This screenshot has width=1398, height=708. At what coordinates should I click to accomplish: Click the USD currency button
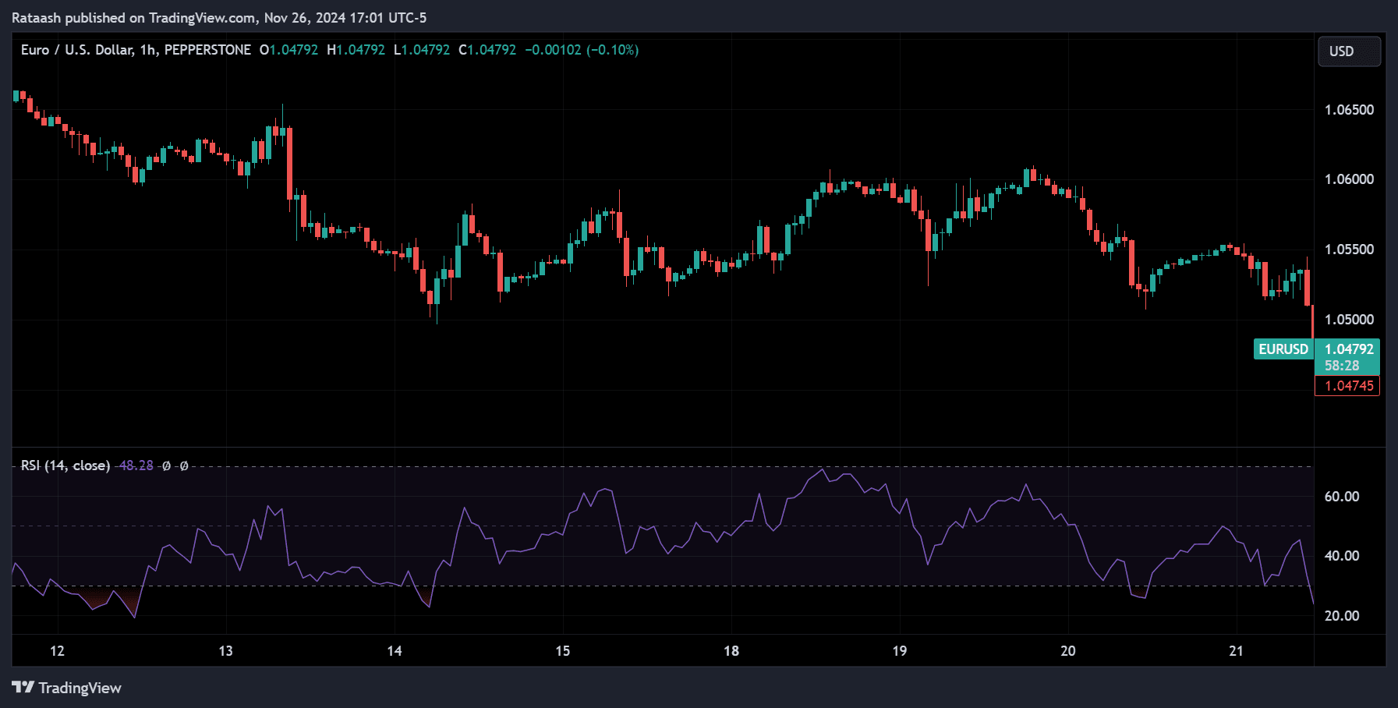point(1348,51)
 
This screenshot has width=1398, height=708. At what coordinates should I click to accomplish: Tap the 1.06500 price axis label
point(1349,110)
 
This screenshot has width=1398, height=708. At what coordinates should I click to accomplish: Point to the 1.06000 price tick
point(1349,179)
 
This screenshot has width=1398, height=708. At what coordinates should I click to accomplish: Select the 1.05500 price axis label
point(1349,250)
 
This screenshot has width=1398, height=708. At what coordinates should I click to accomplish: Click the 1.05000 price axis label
point(1349,320)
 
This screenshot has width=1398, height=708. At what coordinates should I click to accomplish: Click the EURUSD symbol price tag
point(1283,349)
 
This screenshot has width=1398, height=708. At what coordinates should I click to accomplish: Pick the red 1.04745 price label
point(1349,386)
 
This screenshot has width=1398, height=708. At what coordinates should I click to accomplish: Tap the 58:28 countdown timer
point(1341,366)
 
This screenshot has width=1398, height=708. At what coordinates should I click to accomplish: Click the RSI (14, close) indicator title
point(65,466)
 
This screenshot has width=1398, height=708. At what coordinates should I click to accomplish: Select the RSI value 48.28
point(136,466)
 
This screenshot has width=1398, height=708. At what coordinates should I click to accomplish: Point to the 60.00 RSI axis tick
point(1342,497)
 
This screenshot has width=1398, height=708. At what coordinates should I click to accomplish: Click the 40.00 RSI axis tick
point(1342,556)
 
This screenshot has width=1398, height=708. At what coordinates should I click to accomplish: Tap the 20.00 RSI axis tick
point(1342,616)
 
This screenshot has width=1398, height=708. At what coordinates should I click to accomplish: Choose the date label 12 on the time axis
point(57,651)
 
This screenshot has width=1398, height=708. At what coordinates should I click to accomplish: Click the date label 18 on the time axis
point(731,651)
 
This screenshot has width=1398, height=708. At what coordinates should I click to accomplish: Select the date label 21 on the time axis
point(1236,651)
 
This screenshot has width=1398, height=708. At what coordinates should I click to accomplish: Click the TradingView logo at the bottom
point(67,688)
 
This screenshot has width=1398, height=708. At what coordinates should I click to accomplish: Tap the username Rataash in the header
point(36,18)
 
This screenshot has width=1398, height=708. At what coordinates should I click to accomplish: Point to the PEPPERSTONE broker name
point(207,50)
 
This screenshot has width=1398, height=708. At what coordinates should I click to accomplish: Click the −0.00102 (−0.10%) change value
point(582,50)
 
